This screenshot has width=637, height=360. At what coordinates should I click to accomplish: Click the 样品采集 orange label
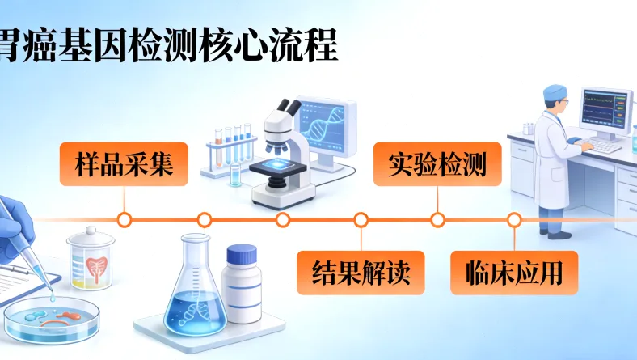123,163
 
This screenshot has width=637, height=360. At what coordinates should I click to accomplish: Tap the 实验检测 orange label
437,163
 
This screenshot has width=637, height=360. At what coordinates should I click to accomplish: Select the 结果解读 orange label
361,272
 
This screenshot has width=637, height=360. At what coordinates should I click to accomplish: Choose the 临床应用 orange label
514,272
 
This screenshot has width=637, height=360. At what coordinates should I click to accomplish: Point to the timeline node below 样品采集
124,219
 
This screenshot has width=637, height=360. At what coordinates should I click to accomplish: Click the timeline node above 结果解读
361,219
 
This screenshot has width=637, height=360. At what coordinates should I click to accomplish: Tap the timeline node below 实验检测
437,219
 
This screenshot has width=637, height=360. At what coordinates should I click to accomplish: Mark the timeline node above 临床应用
514,219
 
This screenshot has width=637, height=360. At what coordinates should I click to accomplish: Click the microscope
282,154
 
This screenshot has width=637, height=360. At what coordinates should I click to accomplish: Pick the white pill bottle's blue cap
242,256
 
